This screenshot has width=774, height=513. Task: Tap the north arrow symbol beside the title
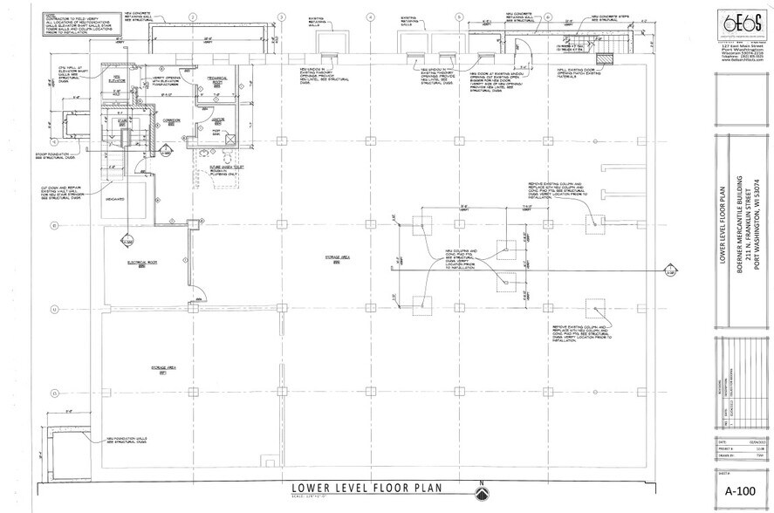pos(478,493)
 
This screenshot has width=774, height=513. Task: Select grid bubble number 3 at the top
pos(280,17)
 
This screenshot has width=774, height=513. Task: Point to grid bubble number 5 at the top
pos(459,17)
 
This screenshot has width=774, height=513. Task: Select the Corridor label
pos(172,121)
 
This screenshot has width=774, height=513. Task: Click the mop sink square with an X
pos(227,140)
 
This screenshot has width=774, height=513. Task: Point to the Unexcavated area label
pos(114,199)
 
